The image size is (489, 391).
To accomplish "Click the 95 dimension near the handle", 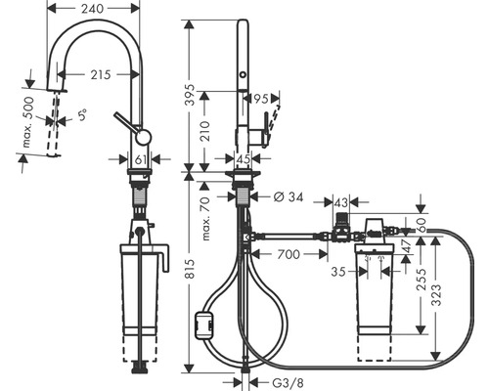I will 262,100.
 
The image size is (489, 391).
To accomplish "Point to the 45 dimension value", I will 243,160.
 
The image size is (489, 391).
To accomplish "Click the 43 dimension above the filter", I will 341,202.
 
